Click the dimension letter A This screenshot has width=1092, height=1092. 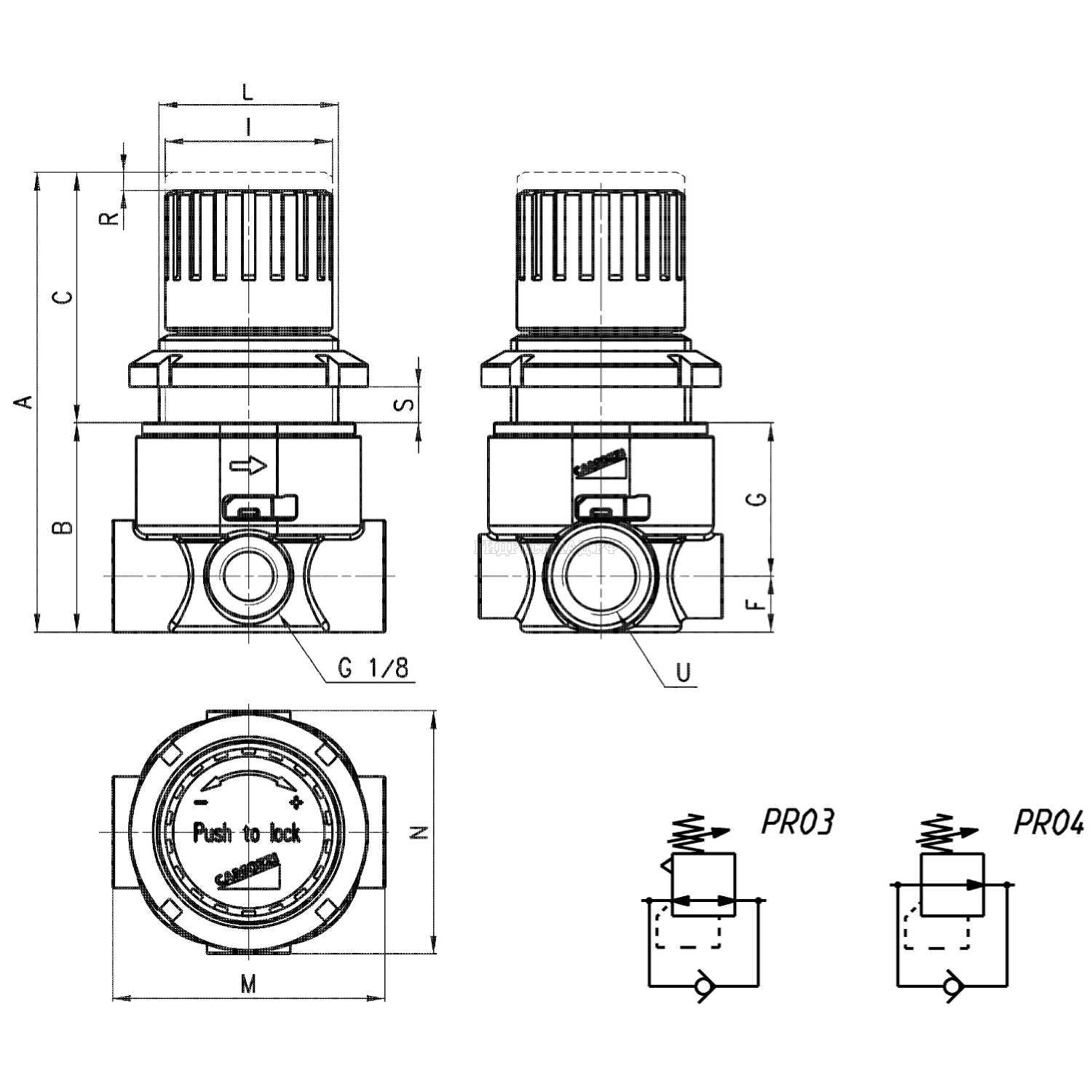point(26,401)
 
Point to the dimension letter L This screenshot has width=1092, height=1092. point(248,92)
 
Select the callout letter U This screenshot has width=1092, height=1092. point(683,672)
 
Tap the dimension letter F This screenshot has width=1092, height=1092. point(758,604)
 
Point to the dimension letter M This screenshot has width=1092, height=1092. point(249,984)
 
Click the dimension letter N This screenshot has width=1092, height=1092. point(417,833)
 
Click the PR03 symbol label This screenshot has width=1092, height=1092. point(796,823)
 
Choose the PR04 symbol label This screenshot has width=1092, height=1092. point(1049,823)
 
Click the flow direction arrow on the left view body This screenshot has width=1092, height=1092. point(248,466)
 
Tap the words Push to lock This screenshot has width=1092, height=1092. point(247,833)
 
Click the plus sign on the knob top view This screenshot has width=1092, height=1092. point(296,803)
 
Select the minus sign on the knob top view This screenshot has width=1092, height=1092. point(202,802)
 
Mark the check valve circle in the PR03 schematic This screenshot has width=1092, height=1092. point(703,986)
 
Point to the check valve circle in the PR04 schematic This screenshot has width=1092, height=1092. point(951,986)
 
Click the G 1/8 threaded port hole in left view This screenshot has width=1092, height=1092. point(249,576)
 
